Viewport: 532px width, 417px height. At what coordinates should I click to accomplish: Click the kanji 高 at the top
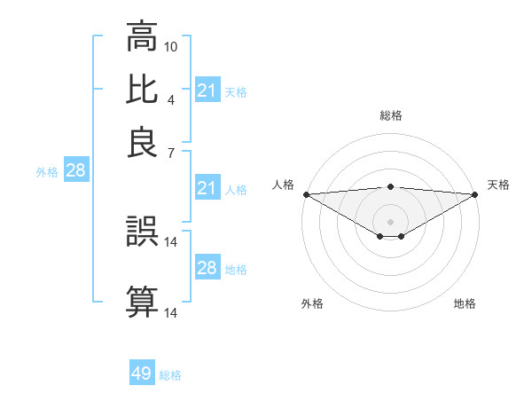[x=142, y=38]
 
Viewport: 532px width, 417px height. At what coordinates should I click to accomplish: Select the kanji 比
[x=142, y=90]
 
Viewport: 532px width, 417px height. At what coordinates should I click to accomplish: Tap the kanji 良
[x=142, y=142]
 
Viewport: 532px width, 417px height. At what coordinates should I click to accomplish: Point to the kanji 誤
[x=142, y=233]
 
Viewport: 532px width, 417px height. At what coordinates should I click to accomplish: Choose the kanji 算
[x=142, y=302]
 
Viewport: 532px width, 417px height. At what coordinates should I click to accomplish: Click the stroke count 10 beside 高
[x=171, y=45]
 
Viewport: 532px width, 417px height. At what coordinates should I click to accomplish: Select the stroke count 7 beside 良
[x=170, y=153]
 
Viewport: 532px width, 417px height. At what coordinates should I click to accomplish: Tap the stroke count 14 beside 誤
[x=171, y=241]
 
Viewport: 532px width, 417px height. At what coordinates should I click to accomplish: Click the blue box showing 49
[x=142, y=374]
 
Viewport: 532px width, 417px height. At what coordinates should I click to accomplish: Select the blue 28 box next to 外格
[x=75, y=171]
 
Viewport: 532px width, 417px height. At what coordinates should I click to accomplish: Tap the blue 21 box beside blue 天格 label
[x=207, y=90]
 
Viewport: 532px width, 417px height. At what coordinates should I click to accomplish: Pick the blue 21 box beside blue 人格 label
[x=207, y=188]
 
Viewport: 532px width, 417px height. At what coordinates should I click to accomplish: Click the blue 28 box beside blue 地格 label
[x=207, y=268]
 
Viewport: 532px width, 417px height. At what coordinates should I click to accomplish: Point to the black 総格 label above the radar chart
[x=390, y=115]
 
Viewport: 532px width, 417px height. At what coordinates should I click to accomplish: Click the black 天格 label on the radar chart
[x=498, y=185]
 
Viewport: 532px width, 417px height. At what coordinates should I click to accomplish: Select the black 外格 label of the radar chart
[x=312, y=303]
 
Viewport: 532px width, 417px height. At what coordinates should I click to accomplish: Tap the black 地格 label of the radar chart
[x=465, y=303]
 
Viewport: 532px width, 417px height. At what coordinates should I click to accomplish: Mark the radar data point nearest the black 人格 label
[x=305, y=194]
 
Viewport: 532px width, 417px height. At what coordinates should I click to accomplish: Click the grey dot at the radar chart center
[x=390, y=221]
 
